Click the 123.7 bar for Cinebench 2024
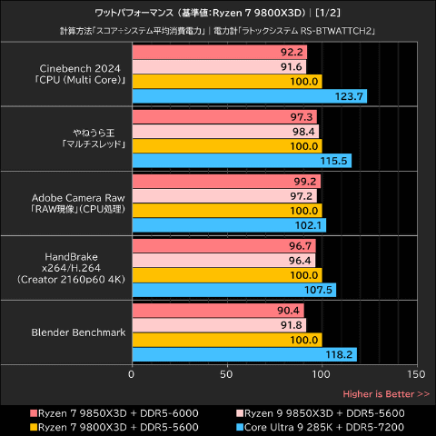[250, 95]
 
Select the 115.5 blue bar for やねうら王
[242, 161]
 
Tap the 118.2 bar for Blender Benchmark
[244, 354]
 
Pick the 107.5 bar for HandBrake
[234, 290]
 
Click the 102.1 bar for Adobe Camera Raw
[229, 225]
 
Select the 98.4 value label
[304, 131]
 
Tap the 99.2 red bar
[226, 181]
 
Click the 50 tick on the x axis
[227, 373]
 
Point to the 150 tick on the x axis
[416, 373]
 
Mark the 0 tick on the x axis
[133, 373]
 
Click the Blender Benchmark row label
[77, 332]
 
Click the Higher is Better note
[386, 394]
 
